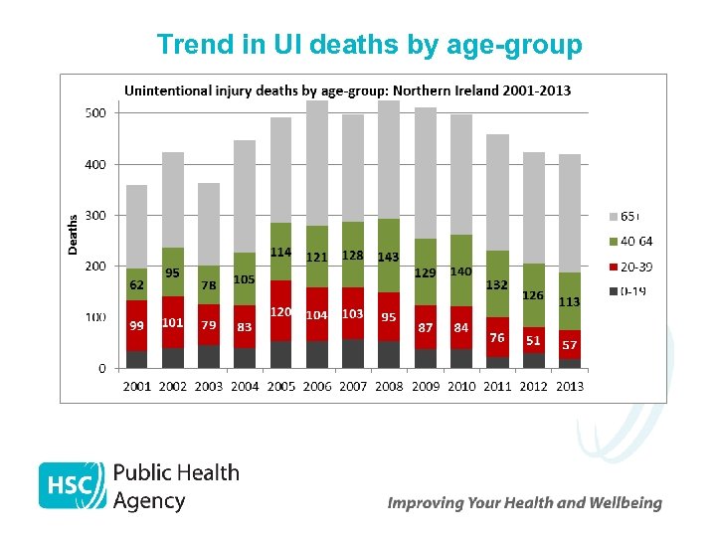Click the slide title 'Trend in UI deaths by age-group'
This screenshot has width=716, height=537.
pyautogui.click(x=369, y=45)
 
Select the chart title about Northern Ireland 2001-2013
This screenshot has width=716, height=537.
pyautogui.click(x=347, y=90)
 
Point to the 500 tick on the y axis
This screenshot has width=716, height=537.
pyautogui.click(x=94, y=113)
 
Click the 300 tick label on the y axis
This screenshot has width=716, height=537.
pyautogui.click(x=94, y=216)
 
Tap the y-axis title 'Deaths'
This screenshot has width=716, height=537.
pyautogui.click(x=73, y=234)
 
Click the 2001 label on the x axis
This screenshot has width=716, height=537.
pyautogui.click(x=137, y=386)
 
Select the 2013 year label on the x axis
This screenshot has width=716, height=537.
pyautogui.click(x=569, y=386)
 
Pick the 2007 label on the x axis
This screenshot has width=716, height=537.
pyautogui.click(x=353, y=386)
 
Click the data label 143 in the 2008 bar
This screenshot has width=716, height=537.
pyautogui.click(x=388, y=257)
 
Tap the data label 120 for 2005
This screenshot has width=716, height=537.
pyautogui.click(x=281, y=312)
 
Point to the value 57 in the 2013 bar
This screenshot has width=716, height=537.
pyautogui.click(x=570, y=345)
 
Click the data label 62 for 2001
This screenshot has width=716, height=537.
pyautogui.click(x=137, y=284)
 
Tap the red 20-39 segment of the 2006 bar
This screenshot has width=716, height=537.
pyautogui.click(x=317, y=328)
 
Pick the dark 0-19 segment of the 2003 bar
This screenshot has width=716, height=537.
pyautogui.click(x=209, y=356)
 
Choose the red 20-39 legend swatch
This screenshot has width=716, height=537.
pyautogui.click(x=612, y=267)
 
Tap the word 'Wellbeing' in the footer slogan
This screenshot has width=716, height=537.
pyautogui.click(x=624, y=503)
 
